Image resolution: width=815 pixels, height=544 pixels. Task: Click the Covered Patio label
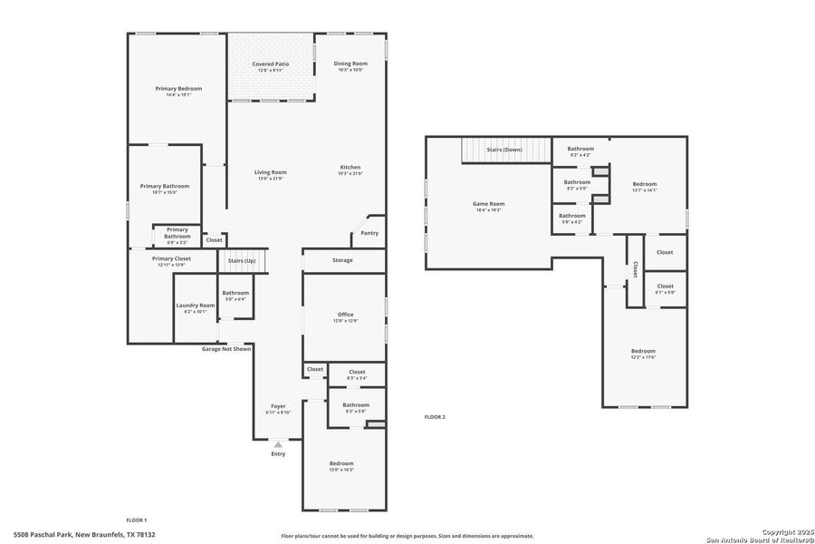click(270, 64)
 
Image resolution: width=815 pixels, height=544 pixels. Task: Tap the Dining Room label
click(350, 63)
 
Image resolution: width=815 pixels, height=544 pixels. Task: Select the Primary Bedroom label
click(177, 88)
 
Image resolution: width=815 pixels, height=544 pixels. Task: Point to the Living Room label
click(270, 172)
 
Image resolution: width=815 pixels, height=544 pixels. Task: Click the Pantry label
click(369, 233)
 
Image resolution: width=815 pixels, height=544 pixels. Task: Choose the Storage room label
click(342, 260)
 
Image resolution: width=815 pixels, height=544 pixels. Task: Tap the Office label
click(345, 315)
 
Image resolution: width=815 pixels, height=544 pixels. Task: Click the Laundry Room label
click(195, 306)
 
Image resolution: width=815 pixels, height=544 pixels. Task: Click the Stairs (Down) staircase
click(505, 149)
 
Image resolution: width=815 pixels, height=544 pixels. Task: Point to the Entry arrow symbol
click(278, 444)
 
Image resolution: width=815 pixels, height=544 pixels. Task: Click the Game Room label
click(488, 204)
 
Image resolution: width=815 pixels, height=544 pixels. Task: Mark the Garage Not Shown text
click(226, 348)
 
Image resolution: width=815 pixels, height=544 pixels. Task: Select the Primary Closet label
click(170, 258)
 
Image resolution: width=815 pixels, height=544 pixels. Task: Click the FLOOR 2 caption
click(435, 417)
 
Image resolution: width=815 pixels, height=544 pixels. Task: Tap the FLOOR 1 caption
click(136, 520)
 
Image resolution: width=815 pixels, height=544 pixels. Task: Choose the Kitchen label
click(350, 168)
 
